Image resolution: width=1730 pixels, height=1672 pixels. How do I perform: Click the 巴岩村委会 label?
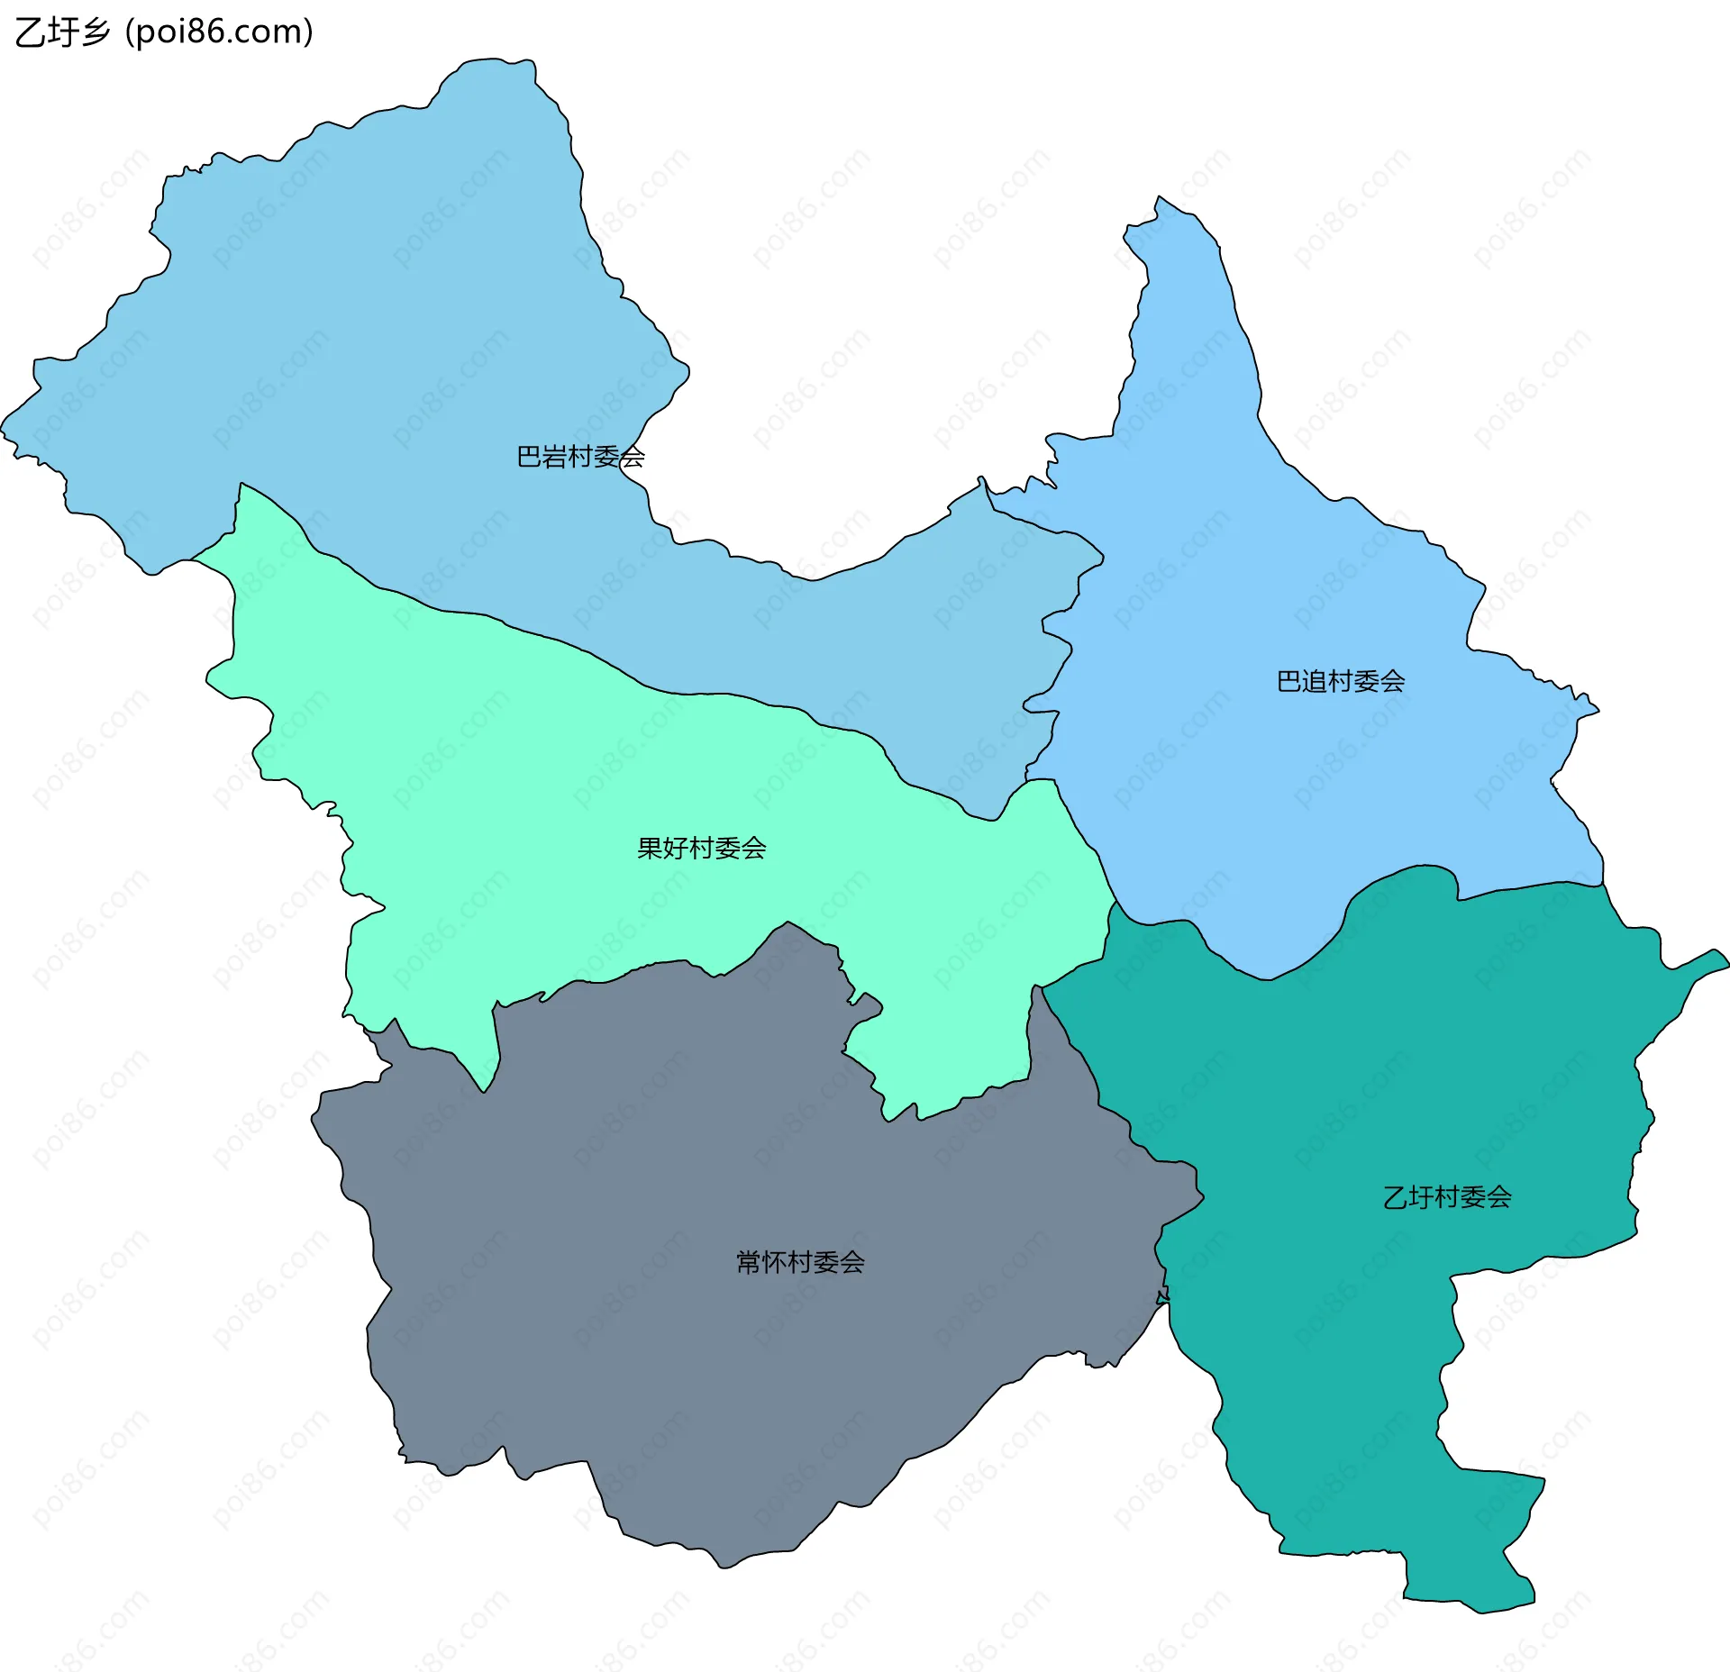pyautogui.click(x=580, y=457)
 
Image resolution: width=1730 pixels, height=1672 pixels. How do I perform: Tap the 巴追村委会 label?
pyautogui.click(x=1341, y=681)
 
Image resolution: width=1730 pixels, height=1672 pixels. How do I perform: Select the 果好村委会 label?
pyautogui.click(x=701, y=848)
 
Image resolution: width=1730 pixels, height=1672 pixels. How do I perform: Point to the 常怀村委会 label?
pyautogui.click(x=800, y=1262)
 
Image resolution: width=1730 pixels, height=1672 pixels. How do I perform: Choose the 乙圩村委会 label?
pyautogui.click(x=1447, y=1197)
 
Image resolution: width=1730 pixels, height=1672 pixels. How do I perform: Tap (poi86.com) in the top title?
pyautogui.click(x=220, y=32)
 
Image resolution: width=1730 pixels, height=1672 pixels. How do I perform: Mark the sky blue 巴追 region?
pyautogui.click(x=1261, y=586)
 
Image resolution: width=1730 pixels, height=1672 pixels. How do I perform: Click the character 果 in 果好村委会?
pyautogui.click(x=650, y=848)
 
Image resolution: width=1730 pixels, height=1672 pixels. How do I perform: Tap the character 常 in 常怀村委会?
pyautogui.click(x=749, y=1262)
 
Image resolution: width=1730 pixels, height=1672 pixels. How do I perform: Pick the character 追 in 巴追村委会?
pyautogui.click(x=1315, y=681)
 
